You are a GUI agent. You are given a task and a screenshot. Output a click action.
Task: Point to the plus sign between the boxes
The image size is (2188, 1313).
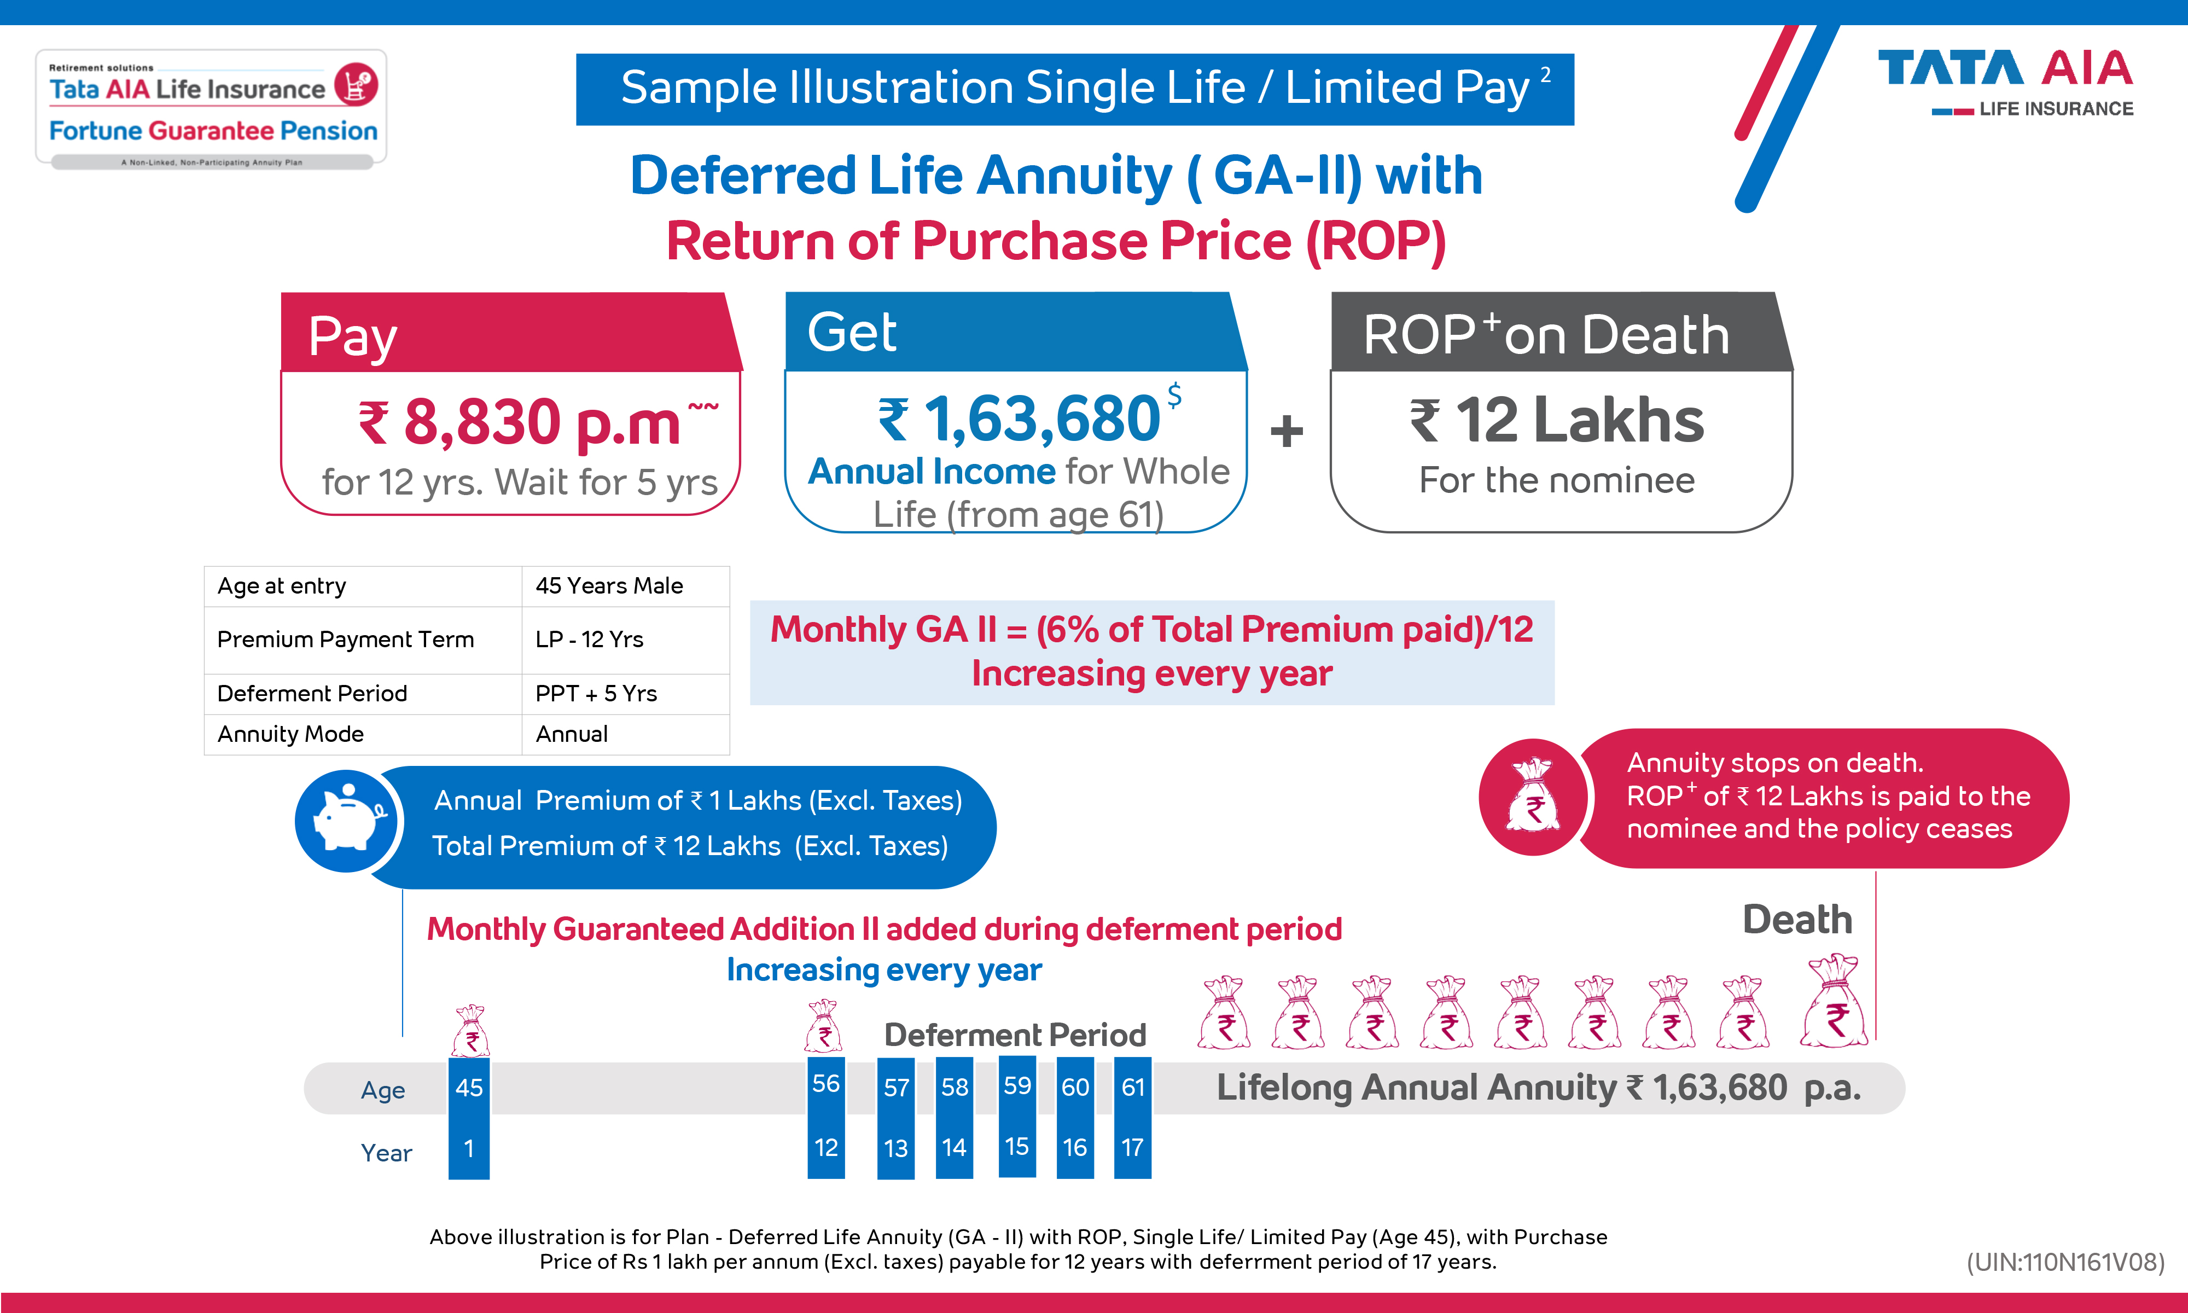[x=1286, y=432]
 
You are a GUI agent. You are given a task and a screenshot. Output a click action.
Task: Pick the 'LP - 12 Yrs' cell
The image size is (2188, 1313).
[x=590, y=640]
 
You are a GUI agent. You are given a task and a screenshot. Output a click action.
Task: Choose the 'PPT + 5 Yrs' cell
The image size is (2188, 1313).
[x=596, y=694]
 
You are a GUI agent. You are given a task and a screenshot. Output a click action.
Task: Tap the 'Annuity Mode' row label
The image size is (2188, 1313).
[x=291, y=734]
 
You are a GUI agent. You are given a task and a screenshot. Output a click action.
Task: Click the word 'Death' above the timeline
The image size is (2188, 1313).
[x=1797, y=920]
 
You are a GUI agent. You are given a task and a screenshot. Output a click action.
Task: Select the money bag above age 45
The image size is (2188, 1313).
[x=470, y=1032]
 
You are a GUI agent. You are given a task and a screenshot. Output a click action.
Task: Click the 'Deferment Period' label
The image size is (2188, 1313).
[x=1014, y=1035]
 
